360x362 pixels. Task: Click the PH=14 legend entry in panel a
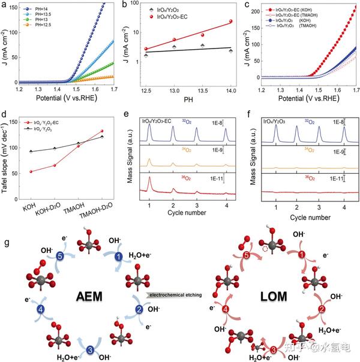click(x=35, y=8)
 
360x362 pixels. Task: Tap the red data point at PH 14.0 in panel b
click(x=230, y=22)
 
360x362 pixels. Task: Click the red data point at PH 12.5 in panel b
click(x=146, y=49)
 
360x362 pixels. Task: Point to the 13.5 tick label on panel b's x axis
click(x=202, y=89)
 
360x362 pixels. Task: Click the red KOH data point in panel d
click(x=31, y=171)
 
